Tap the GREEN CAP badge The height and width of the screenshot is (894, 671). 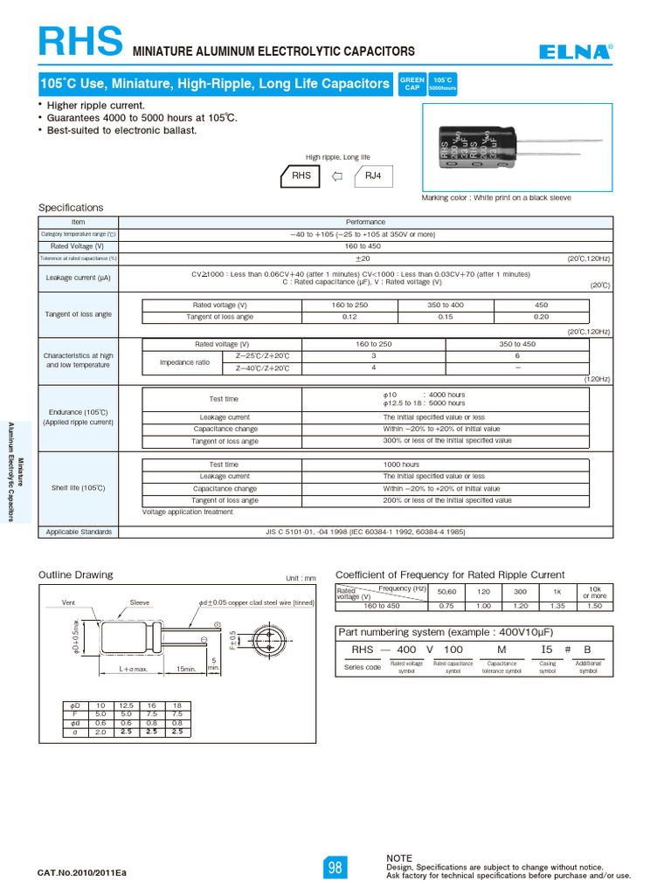(x=412, y=84)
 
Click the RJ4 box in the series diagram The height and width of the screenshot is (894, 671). (x=374, y=175)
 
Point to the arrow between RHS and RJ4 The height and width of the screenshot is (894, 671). (x=337, y=175)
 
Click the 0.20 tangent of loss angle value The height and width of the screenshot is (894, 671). (x=541, y=316)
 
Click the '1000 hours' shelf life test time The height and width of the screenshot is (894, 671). (x=401, y=464)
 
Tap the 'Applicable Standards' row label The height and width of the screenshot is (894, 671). (x=75, y=532)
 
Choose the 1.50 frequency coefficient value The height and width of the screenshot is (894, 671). (x=594, y=606)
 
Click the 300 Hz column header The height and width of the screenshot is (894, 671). (x=521, y=592)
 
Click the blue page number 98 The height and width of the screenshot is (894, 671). (x=335, y=868)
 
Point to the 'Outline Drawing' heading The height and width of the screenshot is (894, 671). (x=75, y=574)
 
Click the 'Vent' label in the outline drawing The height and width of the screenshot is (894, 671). (x=69, y=602)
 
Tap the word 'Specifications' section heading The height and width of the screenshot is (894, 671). (x=71, y=208)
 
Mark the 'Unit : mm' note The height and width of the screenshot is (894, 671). (x=301, y=578)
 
